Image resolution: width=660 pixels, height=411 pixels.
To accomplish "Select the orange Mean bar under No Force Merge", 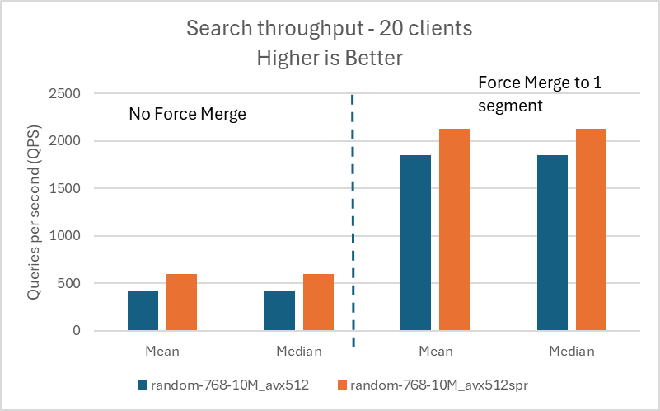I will [x=181, y=302].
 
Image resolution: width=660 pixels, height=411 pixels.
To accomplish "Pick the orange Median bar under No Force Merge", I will [x=318, y=302].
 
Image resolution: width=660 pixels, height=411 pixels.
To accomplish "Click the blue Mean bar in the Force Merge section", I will [x=415, y=243].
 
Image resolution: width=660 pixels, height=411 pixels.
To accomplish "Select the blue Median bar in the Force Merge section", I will [x=552, y=243].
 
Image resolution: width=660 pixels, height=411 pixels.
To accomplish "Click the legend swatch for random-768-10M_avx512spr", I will [x=342, y=385].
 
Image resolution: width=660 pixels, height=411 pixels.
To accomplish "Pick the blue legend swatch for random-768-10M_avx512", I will [x=143, y=385].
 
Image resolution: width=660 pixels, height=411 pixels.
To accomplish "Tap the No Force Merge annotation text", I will [x=187, y=115].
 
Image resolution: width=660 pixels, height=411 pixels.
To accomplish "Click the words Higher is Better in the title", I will [x=329, y=58].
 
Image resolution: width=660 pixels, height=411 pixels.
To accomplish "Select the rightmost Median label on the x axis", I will [x=572, y=351].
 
